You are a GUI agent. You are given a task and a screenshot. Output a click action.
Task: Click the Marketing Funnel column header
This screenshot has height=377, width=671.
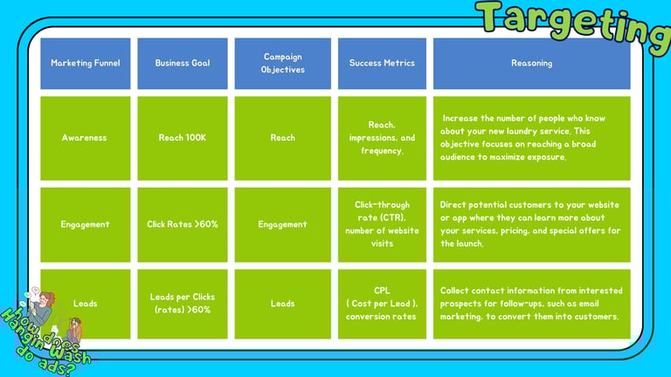85,63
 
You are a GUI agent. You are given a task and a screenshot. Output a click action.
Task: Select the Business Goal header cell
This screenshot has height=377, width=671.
182,63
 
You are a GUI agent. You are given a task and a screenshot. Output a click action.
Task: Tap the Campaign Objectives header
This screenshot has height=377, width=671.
282,63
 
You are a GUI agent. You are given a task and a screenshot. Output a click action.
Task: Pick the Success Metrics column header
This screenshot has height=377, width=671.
382,63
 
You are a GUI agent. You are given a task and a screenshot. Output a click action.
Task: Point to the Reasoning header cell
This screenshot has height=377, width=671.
531,63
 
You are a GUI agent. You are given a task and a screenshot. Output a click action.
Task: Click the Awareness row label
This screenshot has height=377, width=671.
85,138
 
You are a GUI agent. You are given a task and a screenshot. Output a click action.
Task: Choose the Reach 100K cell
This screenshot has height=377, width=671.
182,138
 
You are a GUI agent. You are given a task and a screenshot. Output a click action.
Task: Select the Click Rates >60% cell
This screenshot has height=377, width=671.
182,224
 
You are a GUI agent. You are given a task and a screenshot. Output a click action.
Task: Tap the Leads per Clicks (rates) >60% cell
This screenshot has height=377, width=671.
182,304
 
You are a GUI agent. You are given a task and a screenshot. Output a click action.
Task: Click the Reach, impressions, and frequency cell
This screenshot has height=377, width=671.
382,138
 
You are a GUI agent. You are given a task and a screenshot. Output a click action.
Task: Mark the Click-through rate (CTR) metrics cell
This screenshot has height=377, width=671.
382,224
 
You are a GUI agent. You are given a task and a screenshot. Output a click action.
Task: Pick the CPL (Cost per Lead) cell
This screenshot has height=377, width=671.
382,304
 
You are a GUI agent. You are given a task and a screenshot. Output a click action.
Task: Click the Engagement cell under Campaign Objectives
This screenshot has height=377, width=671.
282,224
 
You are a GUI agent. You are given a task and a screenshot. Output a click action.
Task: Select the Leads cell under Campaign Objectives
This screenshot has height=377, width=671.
282,304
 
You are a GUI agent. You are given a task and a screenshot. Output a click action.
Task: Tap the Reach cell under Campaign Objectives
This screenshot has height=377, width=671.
282,138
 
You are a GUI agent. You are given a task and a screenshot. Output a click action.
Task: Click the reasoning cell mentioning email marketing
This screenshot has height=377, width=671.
531,304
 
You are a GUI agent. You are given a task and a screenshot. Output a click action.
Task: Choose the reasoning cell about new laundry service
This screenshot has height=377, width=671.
531,138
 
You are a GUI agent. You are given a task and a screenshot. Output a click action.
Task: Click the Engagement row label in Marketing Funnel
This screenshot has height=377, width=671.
85,224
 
